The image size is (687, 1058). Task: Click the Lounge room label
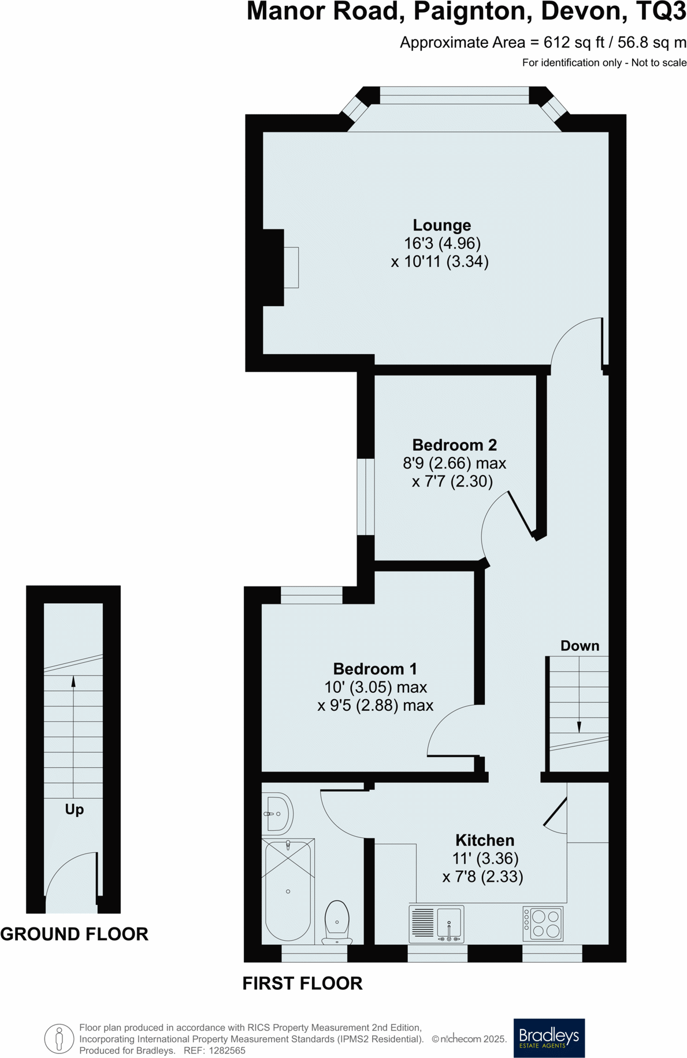tap(441, 225)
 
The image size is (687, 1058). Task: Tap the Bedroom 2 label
tap(454, 445)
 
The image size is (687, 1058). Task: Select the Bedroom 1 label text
tap(374, 669)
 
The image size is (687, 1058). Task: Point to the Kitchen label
tap(484, 840)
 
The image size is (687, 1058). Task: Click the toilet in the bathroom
tap(337, 920)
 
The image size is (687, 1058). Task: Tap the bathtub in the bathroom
tap(288, 890)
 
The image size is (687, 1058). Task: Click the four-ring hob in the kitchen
tap(543, 923)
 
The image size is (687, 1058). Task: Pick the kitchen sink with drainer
tap(437, 922)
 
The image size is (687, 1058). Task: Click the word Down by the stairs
tap(580, 645)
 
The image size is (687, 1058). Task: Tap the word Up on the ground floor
tap(74, 809)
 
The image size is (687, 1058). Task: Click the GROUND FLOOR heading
tap(74, 934)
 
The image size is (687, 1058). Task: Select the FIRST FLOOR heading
tap(302, 983)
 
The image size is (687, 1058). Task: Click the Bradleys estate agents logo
tap(549, 1038)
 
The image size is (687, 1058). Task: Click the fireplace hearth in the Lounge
tap(291, 267)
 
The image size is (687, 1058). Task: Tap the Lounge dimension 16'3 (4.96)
tap(442, 243)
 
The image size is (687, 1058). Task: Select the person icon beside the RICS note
tap(59, 1038)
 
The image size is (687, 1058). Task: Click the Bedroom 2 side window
tap(366, 496)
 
